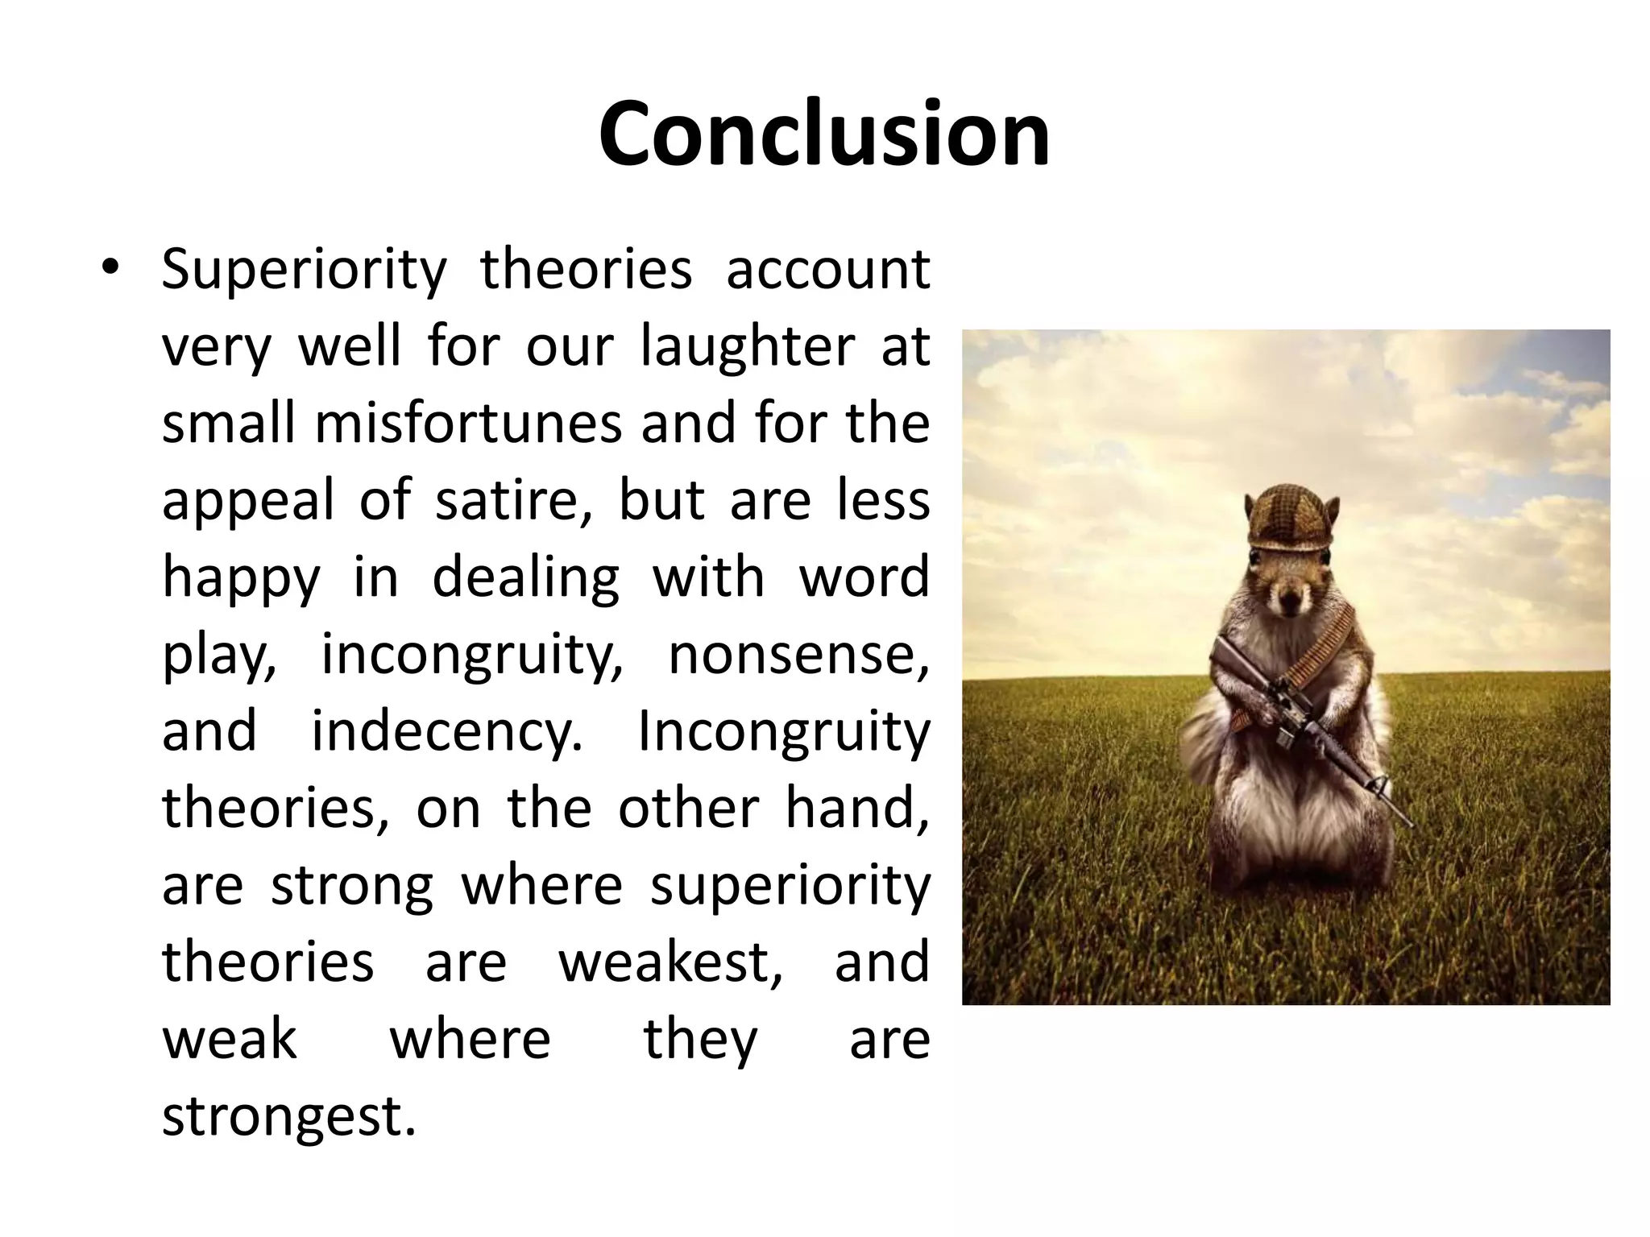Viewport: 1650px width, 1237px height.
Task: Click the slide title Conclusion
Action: click(824, 134)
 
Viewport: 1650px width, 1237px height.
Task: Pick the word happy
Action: click(241, 578)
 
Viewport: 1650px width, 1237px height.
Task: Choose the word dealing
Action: click(525, 577)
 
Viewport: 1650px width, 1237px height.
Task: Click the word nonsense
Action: click(798, 654)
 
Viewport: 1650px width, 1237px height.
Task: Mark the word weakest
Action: click(670, 962)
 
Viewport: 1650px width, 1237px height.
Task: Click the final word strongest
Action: click(289, 1116)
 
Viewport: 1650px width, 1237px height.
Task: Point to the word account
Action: click(828, 270)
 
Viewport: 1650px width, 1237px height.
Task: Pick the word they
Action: click(700, 1039)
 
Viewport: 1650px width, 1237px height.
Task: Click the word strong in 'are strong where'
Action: click(351, 885)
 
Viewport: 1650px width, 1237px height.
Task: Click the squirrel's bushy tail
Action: click(1208, 749)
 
